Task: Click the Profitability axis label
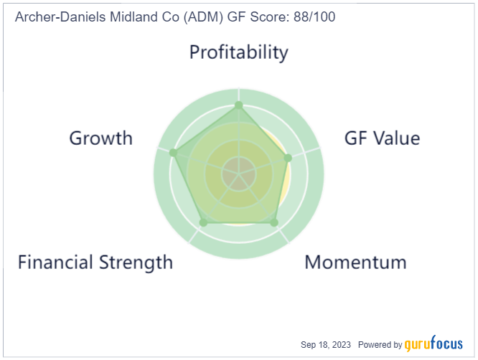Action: coord(239,52)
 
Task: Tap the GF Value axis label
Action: coord(383,138)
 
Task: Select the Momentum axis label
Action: coord(356,262)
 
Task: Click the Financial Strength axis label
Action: coord(95,262)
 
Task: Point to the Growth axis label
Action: coord(101,138)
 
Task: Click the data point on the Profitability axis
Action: coord(239,105)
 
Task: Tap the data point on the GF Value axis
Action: coord(288,158)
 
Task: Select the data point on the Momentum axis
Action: coord(274,222)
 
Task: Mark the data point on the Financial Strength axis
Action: coord(203,222)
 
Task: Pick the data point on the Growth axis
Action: coord(173,153)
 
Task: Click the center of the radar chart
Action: coord(239,174)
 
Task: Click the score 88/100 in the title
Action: coord(314,17)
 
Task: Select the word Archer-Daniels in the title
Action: coord(61,17)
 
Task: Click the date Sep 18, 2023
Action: coord(326,345)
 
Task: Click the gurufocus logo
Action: coord(434,344)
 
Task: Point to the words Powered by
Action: coord(380,345)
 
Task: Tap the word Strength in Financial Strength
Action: coord(136,262)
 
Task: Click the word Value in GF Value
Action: coord(397,138)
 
